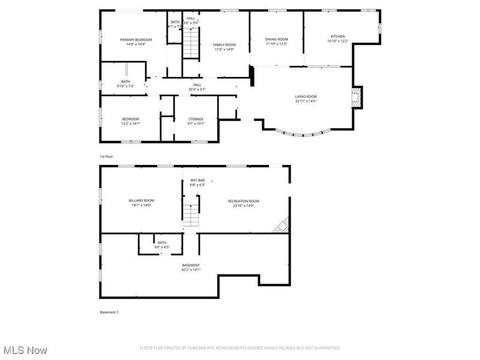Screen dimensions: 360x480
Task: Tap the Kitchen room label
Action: pyautogui.click(x=336, y=39)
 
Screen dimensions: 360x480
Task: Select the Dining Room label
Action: pyautogui.click(x=277, y=41)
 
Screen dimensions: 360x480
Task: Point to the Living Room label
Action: pyautogui.click(x=305, y=98)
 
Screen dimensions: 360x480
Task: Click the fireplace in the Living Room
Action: pyautogui.click(x=356, y=97)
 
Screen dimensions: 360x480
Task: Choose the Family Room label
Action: pyautogui.click(x=225, y=47)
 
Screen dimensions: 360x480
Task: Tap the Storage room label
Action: pyautogui.click(x=196, y=121)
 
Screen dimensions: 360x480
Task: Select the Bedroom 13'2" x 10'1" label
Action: pyautogui.click(x=130, y=121)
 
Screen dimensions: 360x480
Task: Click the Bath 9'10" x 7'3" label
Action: pyautogui.click(x=125, y=83)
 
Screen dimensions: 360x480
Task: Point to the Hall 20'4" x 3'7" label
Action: pyautogui.click(x=197, y=87)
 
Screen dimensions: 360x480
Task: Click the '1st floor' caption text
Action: pyautogui.click(x=106, y=156)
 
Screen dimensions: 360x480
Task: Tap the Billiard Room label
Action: pyautogui.click(x=141, y=203)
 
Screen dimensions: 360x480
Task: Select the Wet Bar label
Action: pyautogui.click(x=198, y=182)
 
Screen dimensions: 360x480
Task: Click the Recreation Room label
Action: pyautogui.click(x=243, y=203)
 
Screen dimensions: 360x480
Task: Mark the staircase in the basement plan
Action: pyautogui.click(x=190, y=214)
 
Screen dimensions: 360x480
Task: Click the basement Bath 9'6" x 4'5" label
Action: pyautogui.click(x=162, y=244)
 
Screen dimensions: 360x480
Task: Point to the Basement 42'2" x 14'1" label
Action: pyautogui.click(x=191, y=267)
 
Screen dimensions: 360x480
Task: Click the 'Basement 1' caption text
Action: pyautogui.click(x=109, y=312)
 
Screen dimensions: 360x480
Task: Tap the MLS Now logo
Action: pyautogui.click(x=25, y=349)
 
